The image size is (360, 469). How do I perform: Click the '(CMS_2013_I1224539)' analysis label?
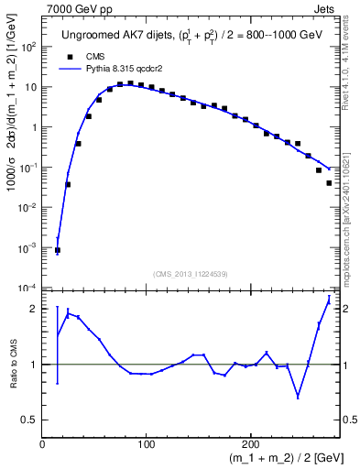pyautogui.click(x=191, y=273)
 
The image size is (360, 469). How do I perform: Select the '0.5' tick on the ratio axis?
pyautogui.click(x=29, y=420)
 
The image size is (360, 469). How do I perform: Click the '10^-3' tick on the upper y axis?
pyautogui.click(x=28, y=248)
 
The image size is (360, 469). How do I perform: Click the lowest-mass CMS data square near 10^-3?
pyautogui.click(x=58, y=250)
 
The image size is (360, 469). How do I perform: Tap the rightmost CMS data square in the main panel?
pyautogui.click(x=329, y=183)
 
